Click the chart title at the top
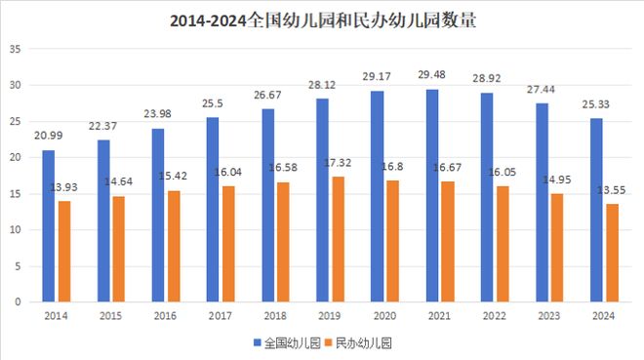click(322, 20)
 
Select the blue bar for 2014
click(48, 226)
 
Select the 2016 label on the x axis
click(166, 316)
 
